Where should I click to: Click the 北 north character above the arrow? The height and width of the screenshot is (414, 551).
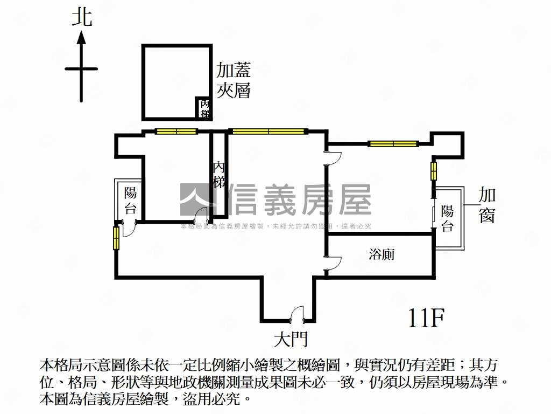[x=82, y=17]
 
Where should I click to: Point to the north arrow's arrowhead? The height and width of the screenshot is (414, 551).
[x=81, y=37]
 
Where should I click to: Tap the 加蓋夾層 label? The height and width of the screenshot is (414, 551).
[x=234, y=80]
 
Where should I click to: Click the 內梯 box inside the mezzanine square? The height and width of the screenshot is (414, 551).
[x=204, y=108]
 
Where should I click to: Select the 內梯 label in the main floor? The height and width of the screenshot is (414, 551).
[x=218, y=174]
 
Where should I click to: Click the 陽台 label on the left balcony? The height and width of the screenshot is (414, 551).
[x=130, y=200]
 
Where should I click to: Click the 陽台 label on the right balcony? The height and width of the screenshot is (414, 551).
[x=447, y=218]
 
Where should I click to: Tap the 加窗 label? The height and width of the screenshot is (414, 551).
[x=487, y=205]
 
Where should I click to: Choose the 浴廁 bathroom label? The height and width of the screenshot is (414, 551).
[x=382, y=253]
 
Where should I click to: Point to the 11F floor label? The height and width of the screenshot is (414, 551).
[x=426, y=319]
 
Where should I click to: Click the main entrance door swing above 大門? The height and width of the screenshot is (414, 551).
[x=296, y=314]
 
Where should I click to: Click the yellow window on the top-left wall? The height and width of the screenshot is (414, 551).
[x=176, y=131]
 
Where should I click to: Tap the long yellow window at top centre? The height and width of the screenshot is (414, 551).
[x=267, y=131]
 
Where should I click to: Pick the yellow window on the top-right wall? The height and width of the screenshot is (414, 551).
[x=393, y=143]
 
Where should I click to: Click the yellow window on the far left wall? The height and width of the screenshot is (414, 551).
[x=116, y=238]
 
